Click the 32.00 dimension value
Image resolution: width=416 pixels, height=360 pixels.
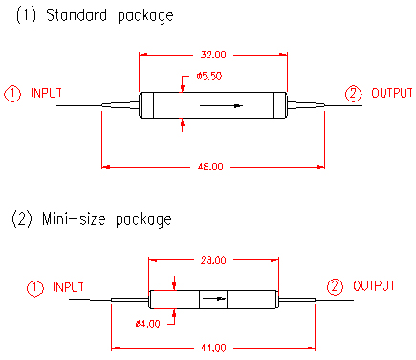(213, 55)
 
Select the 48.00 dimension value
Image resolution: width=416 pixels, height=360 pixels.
(210, 167)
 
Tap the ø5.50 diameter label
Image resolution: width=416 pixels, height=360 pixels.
(209, 77)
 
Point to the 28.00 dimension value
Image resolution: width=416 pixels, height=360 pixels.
(213, 260)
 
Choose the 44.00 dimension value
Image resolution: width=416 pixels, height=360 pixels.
(213, 348)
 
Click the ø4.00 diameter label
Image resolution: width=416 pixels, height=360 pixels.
(147, 325)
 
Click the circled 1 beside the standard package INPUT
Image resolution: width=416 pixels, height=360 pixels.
(12, 94)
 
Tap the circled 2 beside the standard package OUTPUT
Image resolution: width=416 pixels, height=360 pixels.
(354, 94)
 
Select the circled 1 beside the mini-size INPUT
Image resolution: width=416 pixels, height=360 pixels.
(34, 288)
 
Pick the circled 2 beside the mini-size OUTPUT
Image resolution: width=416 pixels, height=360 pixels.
(335, 287)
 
